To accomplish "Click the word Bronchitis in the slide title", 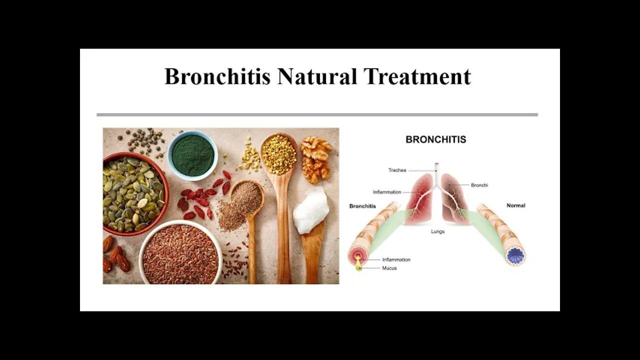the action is (x=217, y=76).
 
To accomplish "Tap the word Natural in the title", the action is (x=317, y=76).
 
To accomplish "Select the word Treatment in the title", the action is (x=417, y=76).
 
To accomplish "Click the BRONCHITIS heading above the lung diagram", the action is (x=435, y=139).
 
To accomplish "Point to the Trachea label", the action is (x=397, y=170).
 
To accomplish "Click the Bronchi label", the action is (x=479, y=185).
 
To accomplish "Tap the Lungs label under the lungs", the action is (x=437, y=231).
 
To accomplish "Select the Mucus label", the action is (x=389, y=268).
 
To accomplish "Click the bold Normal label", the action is (x=515, y=205).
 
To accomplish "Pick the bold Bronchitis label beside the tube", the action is (x=362, y=206).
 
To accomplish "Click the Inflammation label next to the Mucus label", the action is (x=396, y=259).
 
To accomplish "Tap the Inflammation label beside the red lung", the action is (x=387, y=192).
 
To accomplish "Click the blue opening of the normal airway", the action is (x=515, y=255).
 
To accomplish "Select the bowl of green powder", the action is (x=192, y=155).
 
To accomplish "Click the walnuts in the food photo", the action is (x=316, y=159).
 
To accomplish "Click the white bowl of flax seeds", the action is (x=180, y=253).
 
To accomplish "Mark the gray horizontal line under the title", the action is (x=317, y=115).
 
